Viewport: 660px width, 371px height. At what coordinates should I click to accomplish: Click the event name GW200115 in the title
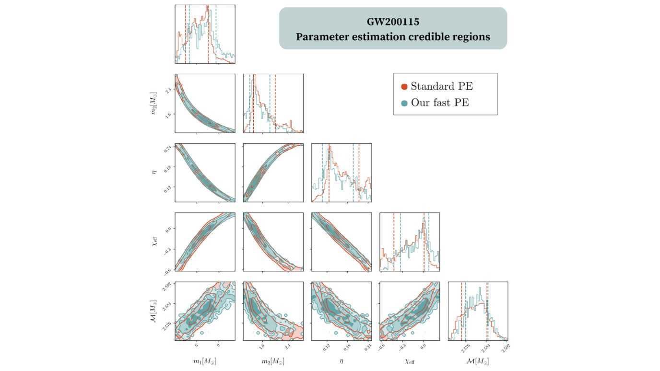(393, 22)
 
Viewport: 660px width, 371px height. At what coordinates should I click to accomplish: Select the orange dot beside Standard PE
(404, 87)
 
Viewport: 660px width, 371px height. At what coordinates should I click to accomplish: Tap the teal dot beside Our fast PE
(404, 103)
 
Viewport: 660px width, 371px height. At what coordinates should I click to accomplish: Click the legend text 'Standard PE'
(441, 86)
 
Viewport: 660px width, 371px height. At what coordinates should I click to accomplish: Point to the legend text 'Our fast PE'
(439, 103)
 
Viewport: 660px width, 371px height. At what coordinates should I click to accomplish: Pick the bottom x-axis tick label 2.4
(287, 346)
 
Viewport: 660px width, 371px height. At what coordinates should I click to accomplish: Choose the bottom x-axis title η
(342, 361)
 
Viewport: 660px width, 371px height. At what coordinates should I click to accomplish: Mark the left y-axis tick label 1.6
(168, 114)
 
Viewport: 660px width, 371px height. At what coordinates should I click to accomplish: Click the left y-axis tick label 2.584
(168, 304)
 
